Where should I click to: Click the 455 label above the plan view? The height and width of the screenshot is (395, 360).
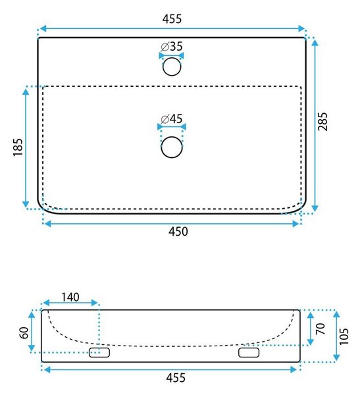172,19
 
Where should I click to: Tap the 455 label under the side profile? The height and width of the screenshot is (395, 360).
176,378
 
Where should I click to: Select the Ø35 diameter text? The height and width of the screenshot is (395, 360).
172,47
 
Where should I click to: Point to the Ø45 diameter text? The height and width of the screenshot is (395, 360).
172,119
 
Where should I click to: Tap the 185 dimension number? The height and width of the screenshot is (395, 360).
18,147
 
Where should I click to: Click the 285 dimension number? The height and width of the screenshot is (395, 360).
322,121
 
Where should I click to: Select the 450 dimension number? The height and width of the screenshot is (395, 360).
178,232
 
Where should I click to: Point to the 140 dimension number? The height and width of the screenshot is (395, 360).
70,298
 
